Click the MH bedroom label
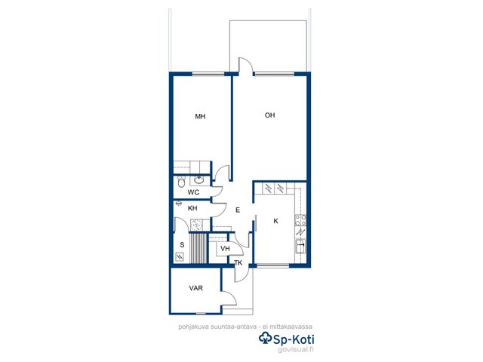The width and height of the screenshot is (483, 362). (x=200, y=116)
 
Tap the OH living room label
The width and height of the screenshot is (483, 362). (x=270, y=115)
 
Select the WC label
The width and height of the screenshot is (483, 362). (x=193, y=192)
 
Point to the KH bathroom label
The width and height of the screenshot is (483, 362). (x=192, y=208)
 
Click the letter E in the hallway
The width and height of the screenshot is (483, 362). (x=238, y=210)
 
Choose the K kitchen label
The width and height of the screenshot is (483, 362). (x=276, y=221)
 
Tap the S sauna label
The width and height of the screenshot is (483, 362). (x=182, y=245)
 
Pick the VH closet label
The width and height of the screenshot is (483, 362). (x=225, y=248)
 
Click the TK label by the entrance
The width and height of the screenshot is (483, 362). (x=238, y=263)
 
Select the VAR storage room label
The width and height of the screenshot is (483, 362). (x=196, y=288)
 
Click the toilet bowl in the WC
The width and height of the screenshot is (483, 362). (x=181, y=182)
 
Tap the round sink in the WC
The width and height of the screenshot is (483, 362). (x=199, y=179)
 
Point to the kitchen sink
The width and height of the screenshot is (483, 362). (x=300, y=246)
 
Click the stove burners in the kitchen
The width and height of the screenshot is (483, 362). (x=300, y=220)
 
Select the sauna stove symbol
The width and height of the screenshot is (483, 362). (x=180, y=256)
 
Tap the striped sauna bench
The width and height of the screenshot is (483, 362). (x=198, y=248)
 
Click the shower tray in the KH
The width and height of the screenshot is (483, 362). (x=196, y=225)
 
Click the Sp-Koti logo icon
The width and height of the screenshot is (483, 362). (x=265, y=338)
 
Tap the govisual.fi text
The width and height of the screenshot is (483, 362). (x=296, y=349)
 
